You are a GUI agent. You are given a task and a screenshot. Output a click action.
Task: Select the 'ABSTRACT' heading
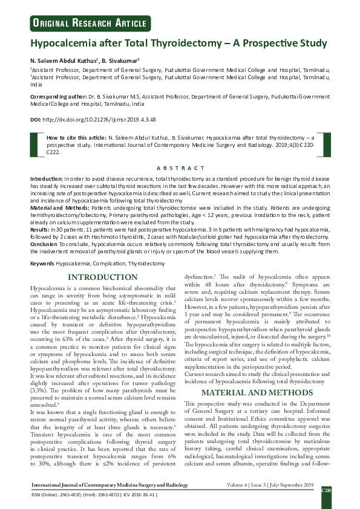180,168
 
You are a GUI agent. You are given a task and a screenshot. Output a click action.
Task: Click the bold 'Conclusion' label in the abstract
45,244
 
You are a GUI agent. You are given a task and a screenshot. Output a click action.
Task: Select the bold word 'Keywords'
42,264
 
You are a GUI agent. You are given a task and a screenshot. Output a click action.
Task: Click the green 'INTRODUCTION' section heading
102,277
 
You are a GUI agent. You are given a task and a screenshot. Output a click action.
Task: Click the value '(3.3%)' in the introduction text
42,383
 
